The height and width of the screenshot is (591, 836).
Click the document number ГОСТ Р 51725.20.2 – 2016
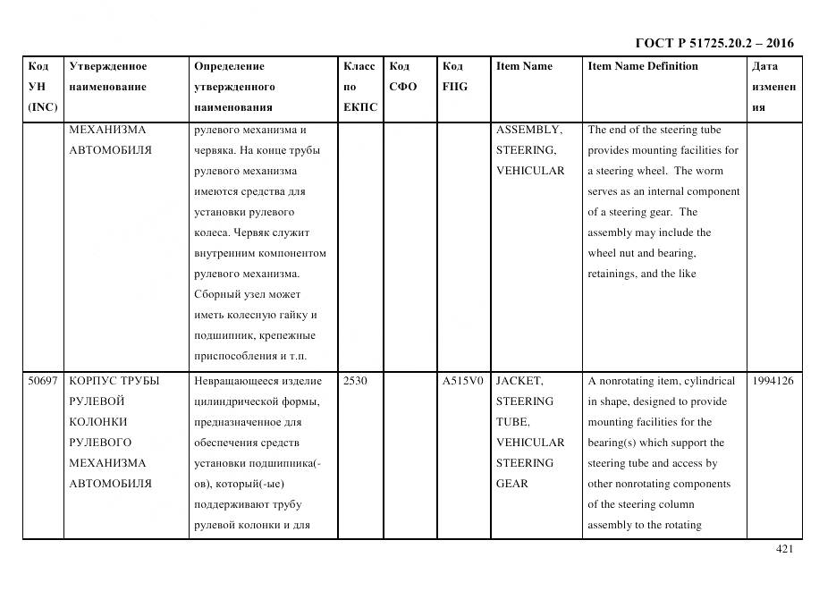(x=714, y=43)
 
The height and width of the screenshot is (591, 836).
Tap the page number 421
(x=784, y=549)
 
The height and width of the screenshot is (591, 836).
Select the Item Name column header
(x=524, y=66)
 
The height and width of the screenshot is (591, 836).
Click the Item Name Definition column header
(x=642, y=66)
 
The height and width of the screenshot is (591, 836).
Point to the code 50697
(x=43, y=381)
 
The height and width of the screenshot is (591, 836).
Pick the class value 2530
(x=355, y=381)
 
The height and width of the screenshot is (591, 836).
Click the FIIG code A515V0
(x=462, y=381)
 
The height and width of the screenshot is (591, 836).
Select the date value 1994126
(x=773, y=381)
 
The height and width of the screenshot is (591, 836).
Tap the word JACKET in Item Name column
(x=519, y=381)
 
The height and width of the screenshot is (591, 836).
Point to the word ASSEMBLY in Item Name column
(x=528, y=130)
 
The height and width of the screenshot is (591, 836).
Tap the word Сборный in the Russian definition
(x=215, y=294)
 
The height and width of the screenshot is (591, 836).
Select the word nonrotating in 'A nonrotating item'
(x=630, y=381)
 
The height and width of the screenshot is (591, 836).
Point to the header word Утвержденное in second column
(x=107, y=66)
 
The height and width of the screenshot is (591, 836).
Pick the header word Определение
(x=229, y=66)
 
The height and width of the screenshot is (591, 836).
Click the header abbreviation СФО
(x=402, y=87)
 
